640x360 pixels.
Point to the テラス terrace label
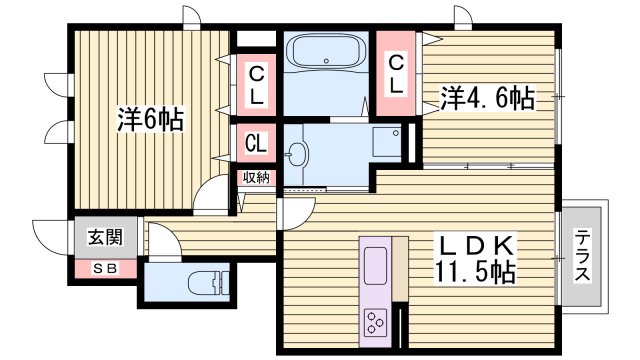(582, 256)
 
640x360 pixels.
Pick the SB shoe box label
(104, 268)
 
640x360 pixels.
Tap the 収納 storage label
(255, 177)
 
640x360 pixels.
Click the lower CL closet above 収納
(256, 143)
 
